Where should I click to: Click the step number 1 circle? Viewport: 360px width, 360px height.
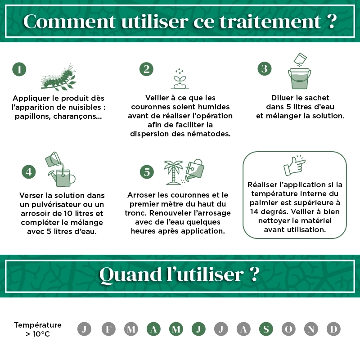pos(19,69)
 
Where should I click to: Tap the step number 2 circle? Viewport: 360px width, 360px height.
pos(146,69)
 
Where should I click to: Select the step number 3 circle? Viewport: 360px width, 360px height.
pos(265,68)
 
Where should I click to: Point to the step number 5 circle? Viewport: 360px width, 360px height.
pos(147,172)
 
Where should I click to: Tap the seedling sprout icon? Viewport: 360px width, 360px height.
pos(180,79)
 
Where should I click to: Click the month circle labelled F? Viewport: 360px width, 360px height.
pos(108,329)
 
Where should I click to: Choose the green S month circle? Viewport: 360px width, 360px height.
pos(266,329)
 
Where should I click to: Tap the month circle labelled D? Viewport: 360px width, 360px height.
pos(333,329)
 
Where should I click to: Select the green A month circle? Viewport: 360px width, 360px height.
pos(153,329)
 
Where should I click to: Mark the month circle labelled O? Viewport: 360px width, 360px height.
pos(288,329)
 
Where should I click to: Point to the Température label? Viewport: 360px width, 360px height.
pos(38,325)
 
